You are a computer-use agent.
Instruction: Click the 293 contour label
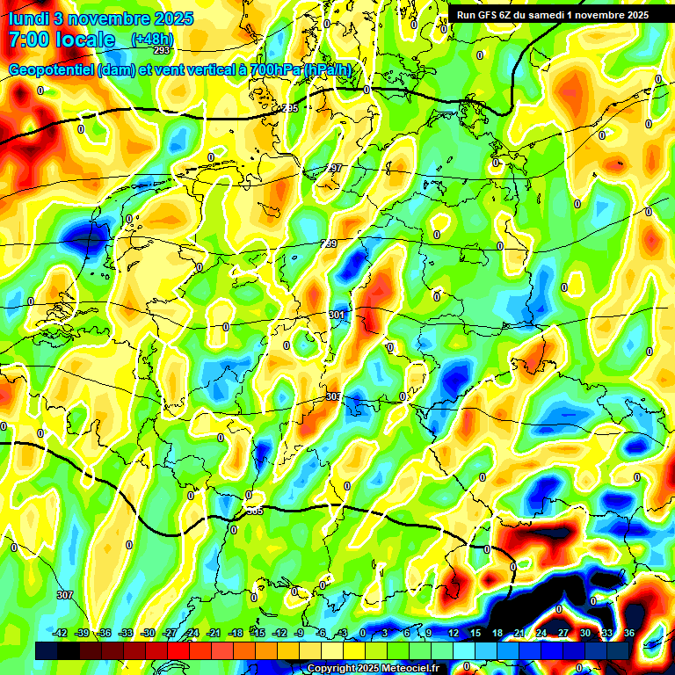tap(161, 51)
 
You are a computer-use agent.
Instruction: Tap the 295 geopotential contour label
tap(289, 108)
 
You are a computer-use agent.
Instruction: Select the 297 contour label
tap(334, 168)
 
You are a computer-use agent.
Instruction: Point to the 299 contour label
tap(329, 243)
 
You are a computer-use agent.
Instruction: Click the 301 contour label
tap(337, 315)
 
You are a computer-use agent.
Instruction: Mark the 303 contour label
tap(333, 396)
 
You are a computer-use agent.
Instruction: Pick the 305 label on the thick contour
tap(254, 510)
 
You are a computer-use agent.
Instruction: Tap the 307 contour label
tap(64, 595)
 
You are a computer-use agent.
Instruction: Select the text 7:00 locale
tap(62, 40)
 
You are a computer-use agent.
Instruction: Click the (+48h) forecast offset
tap(152, 40)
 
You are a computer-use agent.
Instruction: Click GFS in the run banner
tap(490, 15)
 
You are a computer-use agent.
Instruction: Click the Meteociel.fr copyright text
tap(405, 668)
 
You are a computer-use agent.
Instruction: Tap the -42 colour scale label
tap(60, 633)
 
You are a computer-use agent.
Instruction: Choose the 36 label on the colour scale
tap(628, 633)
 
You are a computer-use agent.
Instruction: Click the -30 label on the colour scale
tap(148, 633)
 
